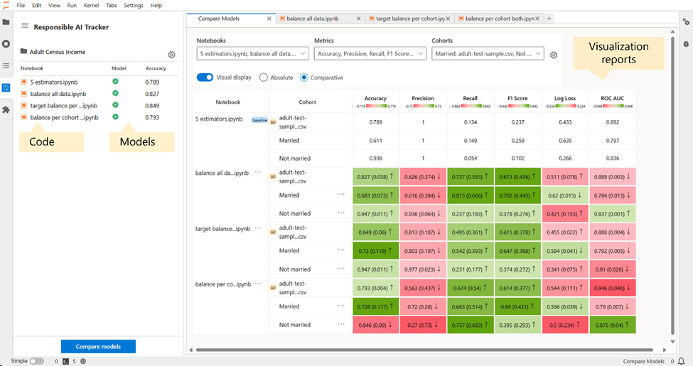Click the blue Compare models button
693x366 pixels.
[98, 347]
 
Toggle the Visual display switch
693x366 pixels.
[205, 77]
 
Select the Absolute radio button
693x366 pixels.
[264, 77]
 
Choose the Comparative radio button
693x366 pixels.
[304, 77]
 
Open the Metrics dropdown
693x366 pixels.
[370, 53]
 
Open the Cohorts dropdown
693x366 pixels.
[488, 53]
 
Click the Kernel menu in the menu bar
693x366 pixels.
[91, 5]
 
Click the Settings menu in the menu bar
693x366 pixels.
[133, 5]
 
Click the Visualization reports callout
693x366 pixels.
[618, 53]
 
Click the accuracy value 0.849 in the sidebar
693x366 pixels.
[151, 105]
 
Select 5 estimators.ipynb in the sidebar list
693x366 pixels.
[54, 82]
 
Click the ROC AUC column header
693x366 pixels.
[613, 99]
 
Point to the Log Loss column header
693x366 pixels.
[565, 99]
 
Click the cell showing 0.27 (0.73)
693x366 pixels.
[423, 325]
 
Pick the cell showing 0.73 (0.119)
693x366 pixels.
[375, 250]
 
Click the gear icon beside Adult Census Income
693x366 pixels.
[171, 55]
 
